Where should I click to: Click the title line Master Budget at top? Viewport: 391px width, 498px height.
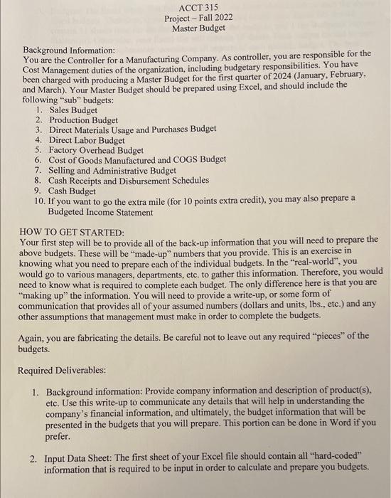point(198,28)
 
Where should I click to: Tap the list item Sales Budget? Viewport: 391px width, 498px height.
point(73,110)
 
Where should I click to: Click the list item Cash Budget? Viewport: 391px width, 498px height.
point(73,191)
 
